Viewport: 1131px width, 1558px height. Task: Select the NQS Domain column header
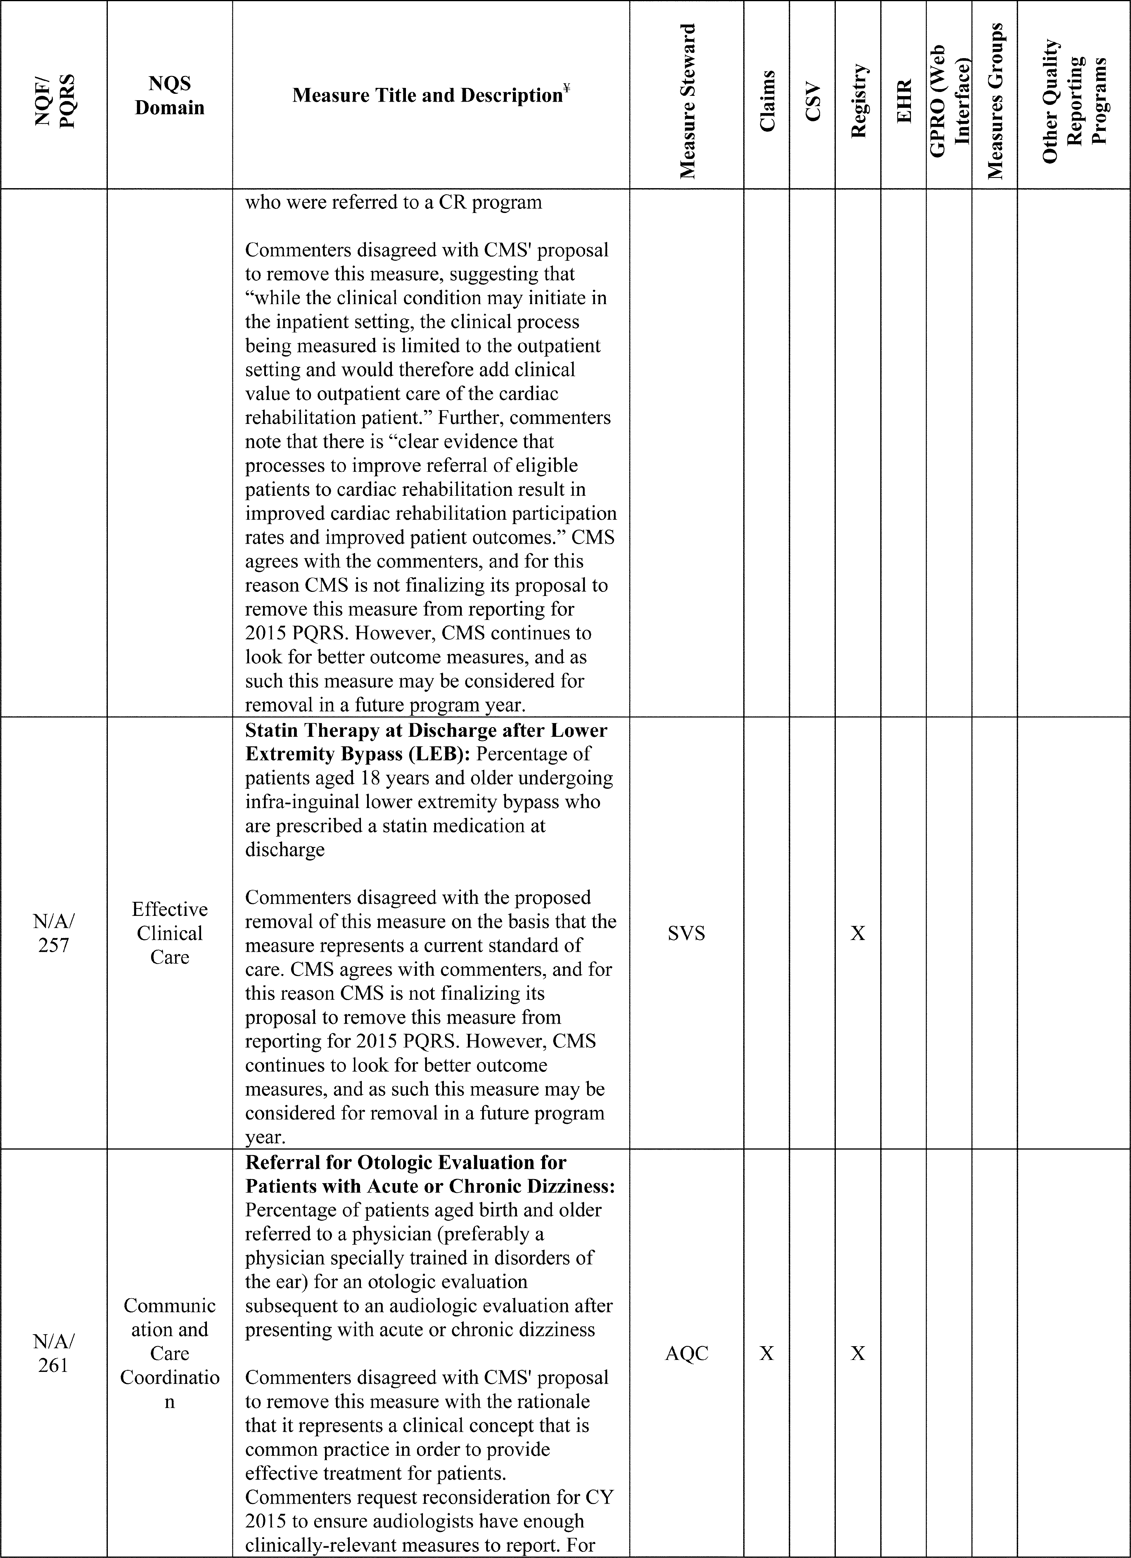pyautogui.click(x=170, y=96)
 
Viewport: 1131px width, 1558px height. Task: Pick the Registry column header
pyautogui.click(x=858, y=102)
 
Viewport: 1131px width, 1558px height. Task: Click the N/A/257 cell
pyautogui.click(x=53, y=933)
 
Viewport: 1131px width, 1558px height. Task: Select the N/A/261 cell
pyautogui.click(x=53, y=1353)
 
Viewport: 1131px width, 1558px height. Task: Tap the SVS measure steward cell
pyautogui.click(x=686, y=933)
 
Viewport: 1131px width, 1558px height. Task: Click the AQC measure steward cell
pyautogui.click(x=686, y=1353)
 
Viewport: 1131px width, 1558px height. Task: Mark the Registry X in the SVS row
pyautogui.click(x=858, y=933)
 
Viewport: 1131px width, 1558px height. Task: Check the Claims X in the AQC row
pyautogui.click(x=767, y=1353)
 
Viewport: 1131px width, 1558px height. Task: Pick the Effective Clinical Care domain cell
pyautogui.click(x=170, y=933)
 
